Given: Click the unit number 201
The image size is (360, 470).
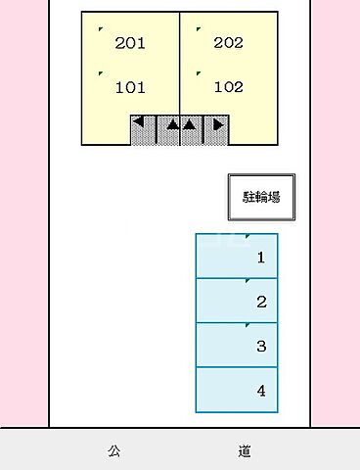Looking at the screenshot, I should [130, 43].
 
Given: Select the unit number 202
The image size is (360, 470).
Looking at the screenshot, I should [228, 43].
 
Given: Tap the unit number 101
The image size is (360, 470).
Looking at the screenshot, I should [130, 87].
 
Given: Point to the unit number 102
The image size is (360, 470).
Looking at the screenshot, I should [228, 86].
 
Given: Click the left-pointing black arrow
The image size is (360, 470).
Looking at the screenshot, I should [140, 123].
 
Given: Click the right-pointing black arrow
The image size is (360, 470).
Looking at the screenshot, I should [217, 124].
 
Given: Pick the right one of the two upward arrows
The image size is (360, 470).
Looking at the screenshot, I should [189, 125].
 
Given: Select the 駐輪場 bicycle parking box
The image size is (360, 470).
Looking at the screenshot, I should [261, 196].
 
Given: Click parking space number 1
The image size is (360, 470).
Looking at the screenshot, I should [260, 258].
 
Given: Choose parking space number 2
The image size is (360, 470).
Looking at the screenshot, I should [261, 303].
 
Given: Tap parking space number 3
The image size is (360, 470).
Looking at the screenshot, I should [261, 346].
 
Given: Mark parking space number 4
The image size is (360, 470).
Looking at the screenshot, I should [261, 391].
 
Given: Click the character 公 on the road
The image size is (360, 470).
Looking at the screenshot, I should [114, 451].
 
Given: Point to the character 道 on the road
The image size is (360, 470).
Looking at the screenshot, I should [244, 451].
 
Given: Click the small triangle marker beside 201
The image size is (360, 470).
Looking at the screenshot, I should [101, 30].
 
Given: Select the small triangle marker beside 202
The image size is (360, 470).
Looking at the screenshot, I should [198, 30].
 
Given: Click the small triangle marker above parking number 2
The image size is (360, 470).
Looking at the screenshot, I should [247, 281].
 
